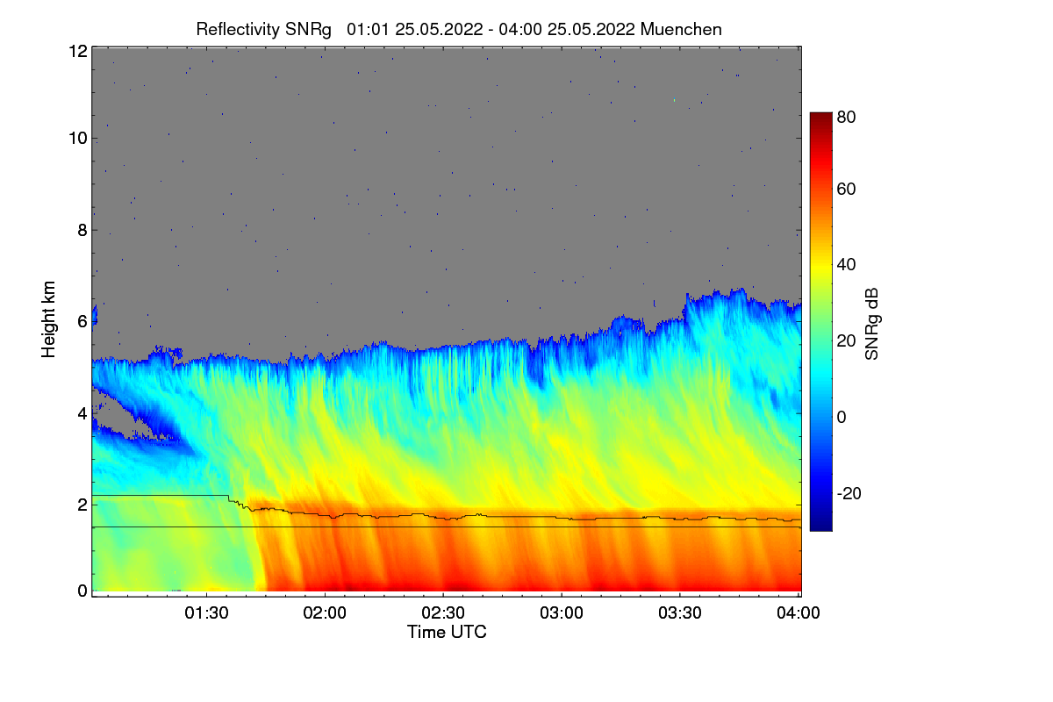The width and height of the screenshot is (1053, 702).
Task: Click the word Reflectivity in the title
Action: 239,29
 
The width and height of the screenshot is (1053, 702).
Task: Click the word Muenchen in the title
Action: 682,29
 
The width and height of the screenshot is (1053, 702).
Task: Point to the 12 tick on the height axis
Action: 77,51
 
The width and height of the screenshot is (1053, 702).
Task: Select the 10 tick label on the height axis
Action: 77,138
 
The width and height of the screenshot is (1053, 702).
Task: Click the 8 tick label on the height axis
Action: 82,231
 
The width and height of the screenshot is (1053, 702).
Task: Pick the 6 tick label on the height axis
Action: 82,322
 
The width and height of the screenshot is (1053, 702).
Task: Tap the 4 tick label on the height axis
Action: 82,413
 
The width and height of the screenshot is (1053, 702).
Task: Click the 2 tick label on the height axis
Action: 82,505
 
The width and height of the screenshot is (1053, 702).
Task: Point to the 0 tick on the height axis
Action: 82,591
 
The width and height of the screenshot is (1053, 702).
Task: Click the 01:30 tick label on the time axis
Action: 207,613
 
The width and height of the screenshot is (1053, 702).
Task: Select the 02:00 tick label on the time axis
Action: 326,613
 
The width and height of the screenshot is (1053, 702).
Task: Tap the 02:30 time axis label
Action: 444,613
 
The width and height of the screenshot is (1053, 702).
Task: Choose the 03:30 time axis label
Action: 680,613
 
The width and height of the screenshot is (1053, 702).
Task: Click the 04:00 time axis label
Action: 798,613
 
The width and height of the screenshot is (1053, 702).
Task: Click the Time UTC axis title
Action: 447,632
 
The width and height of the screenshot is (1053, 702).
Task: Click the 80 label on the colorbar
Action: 846,115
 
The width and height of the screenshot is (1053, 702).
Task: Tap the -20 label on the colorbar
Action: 849,493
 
